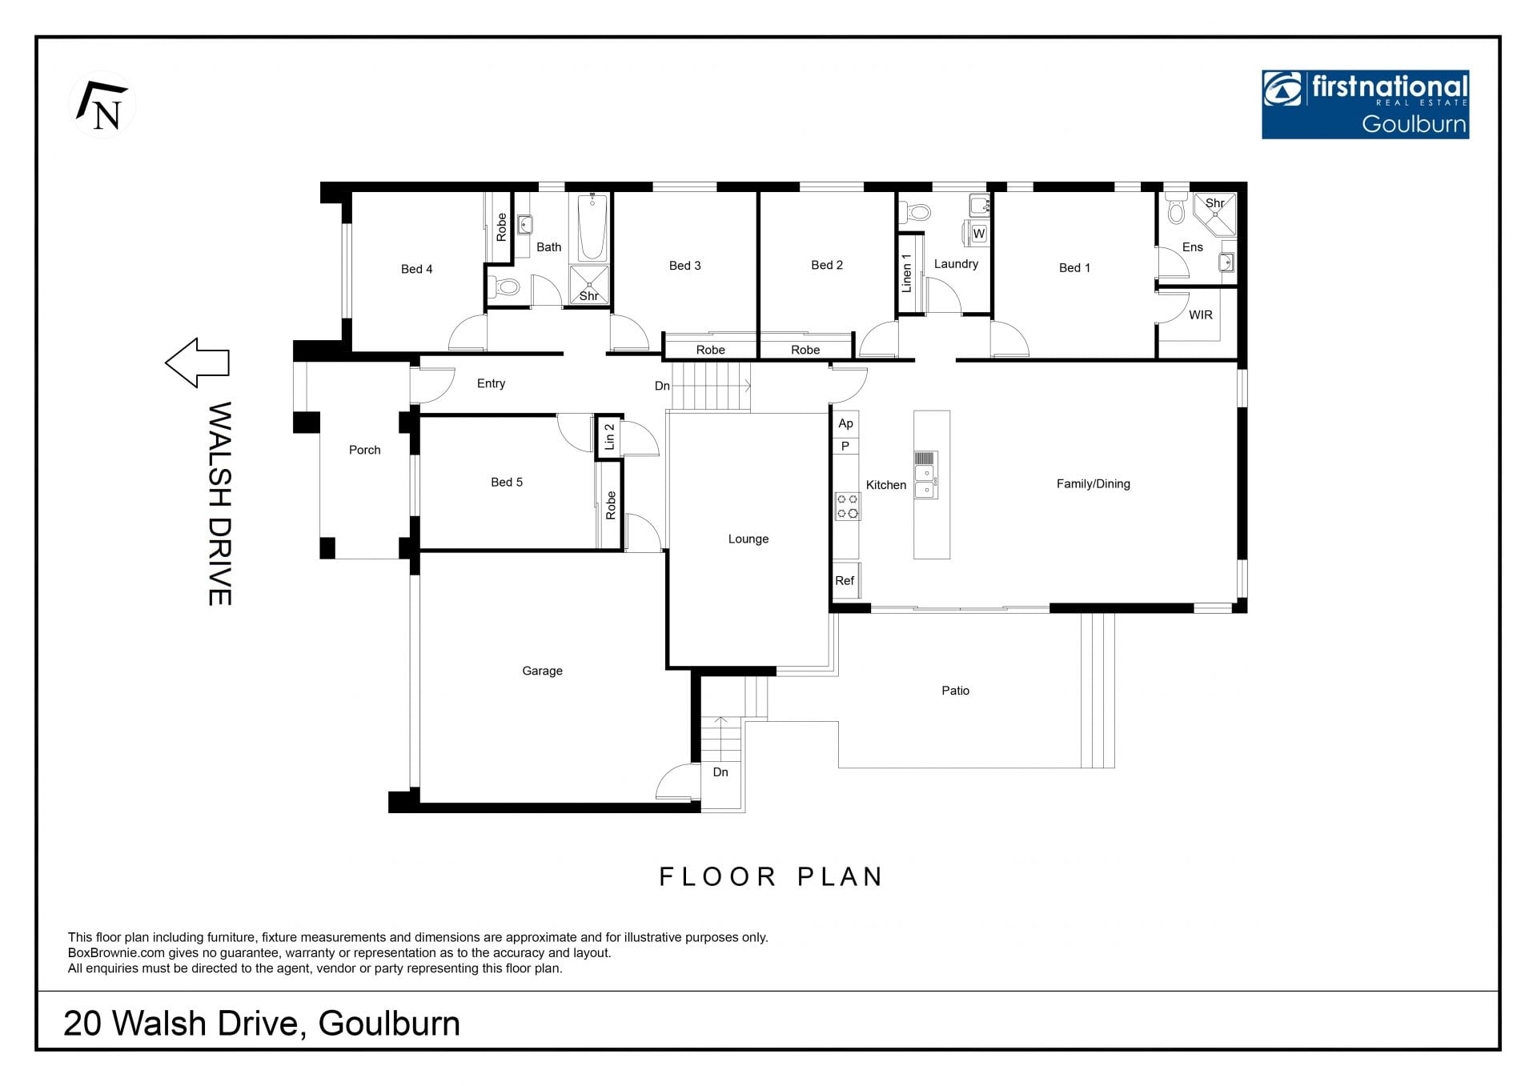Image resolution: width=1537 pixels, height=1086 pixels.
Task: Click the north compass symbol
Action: (x=102, y=105)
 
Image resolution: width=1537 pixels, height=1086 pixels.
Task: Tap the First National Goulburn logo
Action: (x=1365, y=104)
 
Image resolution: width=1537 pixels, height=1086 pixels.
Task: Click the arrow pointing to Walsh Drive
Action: (x=197, y=363)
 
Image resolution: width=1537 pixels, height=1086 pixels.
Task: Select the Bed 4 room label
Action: (x=416, y=269)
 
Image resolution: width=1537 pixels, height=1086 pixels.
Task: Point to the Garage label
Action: (x=542, y=671)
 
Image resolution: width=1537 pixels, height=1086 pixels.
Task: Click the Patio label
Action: (x=955, y=691)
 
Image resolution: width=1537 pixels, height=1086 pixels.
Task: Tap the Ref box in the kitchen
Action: (x=845, y=581)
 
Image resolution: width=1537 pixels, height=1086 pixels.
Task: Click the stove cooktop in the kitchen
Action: (x=847, y=506)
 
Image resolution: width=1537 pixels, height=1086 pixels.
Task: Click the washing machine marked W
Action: (x=978, y=234)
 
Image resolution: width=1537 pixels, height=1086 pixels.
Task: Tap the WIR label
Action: (x=1200, y=315)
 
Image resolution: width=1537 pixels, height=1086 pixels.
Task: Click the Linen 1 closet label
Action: (x=907, y=272)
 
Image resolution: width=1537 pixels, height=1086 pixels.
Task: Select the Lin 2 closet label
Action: (x=609, y=437)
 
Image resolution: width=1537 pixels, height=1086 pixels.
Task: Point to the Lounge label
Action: (x=748, y=539)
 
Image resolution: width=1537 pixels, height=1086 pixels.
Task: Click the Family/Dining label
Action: (x=1093, y=484)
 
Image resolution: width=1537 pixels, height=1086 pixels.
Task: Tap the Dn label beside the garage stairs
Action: (x=720, y=772)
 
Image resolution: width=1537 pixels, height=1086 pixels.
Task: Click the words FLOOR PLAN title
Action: (x=770, y=877)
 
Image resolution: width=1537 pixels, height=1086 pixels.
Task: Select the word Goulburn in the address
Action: (x=389, y=1024)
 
